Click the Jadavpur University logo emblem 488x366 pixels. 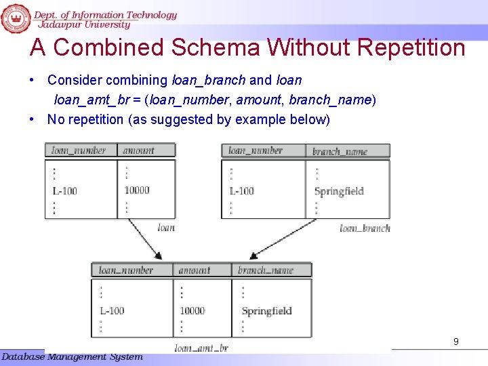click(x=16, y=18)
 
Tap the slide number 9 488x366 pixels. click(x=456, y=342)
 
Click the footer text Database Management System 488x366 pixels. click(x=72, y=357)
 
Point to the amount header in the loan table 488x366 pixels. click(x=138, y=150)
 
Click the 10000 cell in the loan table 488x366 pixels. click(x=136, y=190)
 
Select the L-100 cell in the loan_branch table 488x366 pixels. click(x=242, y=191)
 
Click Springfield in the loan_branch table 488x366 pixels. click(x=339, y=191)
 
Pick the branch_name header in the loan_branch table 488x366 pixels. click(x=340, y=151)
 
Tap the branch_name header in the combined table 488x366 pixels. click(x=265, y=270)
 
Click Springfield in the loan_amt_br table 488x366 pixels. click(x=266, y=311)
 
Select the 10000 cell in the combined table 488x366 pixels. click(x=192, y=311)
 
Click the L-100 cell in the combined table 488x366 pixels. click(x=112, y=311)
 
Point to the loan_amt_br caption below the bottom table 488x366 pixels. click(x=201, y=348)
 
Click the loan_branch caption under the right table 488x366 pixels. click(x=365, y=228)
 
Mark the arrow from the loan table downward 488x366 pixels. click(x=144, y=237)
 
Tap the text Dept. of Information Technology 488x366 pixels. click(x=105, y=15)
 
